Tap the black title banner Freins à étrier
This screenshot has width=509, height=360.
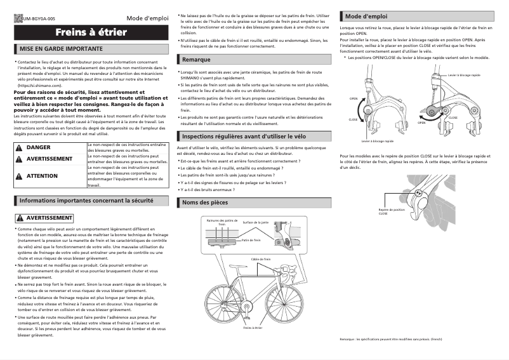86,32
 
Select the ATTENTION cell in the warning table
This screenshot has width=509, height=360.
42,176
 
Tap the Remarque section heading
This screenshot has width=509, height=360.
196,59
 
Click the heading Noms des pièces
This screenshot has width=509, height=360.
204,203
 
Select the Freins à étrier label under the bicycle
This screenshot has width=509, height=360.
253,328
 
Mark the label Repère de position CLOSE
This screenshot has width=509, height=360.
392,211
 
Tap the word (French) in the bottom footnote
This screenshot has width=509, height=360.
436,340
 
